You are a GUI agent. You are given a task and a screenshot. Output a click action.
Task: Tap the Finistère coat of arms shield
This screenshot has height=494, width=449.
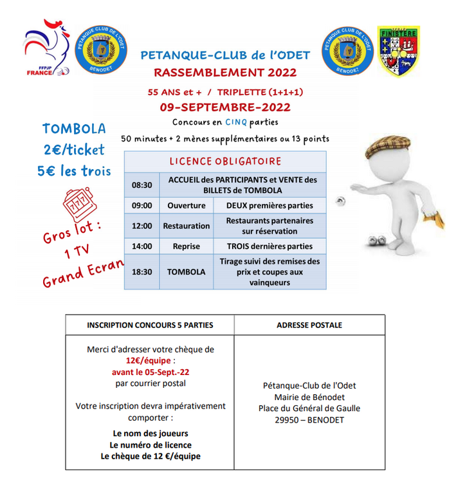(x=398, y=52)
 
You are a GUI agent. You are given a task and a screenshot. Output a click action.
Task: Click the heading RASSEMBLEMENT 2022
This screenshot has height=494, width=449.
(x=225, y=72)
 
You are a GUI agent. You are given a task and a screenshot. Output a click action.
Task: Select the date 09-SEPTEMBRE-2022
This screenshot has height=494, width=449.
(x=225, y=107)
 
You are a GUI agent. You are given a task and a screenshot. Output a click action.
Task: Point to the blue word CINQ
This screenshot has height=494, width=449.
(x=233, y=122)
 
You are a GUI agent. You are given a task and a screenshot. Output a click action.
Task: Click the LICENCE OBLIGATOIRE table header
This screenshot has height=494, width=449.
(x=225, y=161)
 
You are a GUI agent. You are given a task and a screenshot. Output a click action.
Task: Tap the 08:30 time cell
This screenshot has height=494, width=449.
(x=142, y=185)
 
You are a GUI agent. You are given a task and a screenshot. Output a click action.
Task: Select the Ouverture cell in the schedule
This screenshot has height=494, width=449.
(x=187, y=206)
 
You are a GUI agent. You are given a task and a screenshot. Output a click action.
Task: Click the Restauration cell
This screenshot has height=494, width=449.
(x=187, y=226)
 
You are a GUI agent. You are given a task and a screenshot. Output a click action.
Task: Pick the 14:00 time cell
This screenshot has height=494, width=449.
(x=142, y=246)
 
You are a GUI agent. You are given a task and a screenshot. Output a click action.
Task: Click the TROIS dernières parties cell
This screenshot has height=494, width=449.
(x=270, y=246)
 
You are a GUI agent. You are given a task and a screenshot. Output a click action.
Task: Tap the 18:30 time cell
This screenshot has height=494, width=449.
(x=142, y=272)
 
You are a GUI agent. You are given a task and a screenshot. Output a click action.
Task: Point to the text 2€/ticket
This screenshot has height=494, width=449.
(x=74, y=150)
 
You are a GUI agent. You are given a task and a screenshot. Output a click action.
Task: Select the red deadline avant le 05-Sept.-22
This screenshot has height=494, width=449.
(x=151, y=372)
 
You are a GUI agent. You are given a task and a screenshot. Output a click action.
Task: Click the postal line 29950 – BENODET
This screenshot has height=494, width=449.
(x=309, y=420)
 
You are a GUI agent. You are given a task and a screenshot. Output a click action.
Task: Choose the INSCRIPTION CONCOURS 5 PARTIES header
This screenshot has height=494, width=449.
(x=150, y=325)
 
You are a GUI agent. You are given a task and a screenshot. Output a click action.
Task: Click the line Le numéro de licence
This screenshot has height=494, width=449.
(x=151, y=445)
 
